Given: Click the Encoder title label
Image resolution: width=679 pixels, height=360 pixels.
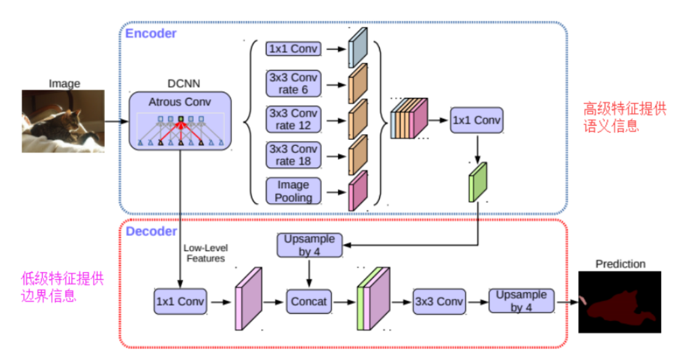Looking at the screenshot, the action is click(x=151, y=33).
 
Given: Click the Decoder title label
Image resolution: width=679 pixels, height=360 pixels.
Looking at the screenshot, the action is click(x=151, y=231).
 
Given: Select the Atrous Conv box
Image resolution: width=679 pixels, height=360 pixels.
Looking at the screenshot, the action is click(x=180, y=121).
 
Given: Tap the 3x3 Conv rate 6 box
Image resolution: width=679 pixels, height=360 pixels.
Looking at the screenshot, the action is click(x=293, y=84).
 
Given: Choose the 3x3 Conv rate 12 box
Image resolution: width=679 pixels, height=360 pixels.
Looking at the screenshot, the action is click(x=293, y=119).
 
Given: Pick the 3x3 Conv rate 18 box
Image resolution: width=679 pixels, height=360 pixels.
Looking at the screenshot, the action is click(x=293, y=155).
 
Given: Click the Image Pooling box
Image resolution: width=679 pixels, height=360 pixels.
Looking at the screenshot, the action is click(x=293, y=191).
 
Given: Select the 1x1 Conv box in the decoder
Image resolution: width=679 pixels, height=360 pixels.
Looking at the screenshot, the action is click(x=180, y=302).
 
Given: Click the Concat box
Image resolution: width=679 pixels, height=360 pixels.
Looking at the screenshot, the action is click(x=309, y=302).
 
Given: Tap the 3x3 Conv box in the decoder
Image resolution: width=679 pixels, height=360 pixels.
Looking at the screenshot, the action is click(x=439, y=302).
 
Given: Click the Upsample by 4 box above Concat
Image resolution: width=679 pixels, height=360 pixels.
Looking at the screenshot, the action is click(x=309, y=246).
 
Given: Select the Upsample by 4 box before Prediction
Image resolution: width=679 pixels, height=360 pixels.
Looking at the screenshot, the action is click(x=521, y=301).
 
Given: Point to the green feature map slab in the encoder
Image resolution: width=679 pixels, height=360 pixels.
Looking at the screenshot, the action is click(x=478, y=182).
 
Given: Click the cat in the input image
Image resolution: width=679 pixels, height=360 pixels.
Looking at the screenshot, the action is click(x=65, y=127).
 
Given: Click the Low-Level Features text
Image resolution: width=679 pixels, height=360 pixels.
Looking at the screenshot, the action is click(x=205, y=253).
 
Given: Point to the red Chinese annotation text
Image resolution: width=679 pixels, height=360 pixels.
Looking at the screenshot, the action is click(x=624, y=118).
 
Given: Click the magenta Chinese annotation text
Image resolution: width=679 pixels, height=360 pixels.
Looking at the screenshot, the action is click(x=62, y=287).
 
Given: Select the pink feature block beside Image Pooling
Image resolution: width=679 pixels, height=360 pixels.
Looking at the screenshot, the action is click(x=358, y=191).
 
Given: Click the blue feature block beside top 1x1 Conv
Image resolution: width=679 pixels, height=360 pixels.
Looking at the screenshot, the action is click(x=358, y=48).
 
